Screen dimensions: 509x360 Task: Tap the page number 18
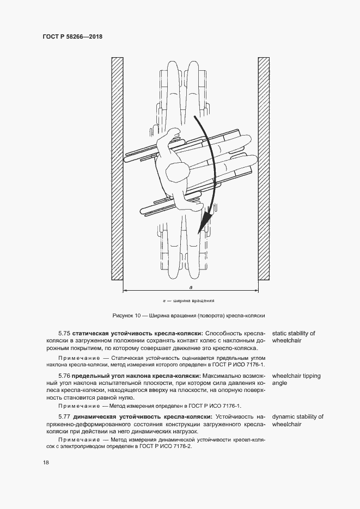coord(46,463)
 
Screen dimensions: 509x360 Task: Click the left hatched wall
coord(117,169)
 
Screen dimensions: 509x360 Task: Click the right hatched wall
coord(264,169)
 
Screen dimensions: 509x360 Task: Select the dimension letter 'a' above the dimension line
coord(190,286)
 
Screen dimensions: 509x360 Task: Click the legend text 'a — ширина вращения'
coord(190,301)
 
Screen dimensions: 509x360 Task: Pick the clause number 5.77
coord(65,417)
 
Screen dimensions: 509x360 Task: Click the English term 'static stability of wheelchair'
coord(293,336)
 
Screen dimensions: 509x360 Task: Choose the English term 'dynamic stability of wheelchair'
coord(297,420)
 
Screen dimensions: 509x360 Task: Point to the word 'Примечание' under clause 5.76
coord(78,406)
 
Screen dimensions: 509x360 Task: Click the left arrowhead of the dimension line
coord(125,291)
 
